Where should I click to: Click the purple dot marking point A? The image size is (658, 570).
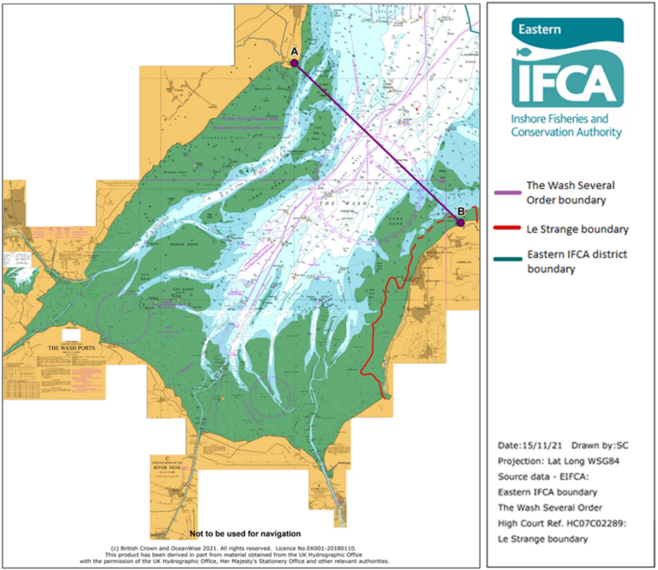pos(294,62)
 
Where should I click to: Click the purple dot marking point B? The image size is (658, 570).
pos(460,223)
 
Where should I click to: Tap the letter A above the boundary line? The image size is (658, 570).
pos(294,51)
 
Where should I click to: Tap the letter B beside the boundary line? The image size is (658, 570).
pos(460,211)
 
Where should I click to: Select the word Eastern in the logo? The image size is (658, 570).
pos(537,29)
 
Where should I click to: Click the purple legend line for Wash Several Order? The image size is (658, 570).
pos(511,194)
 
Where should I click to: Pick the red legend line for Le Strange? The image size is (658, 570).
pos(511,229)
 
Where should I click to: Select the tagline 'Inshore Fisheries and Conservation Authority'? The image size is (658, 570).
pos(565,126)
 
